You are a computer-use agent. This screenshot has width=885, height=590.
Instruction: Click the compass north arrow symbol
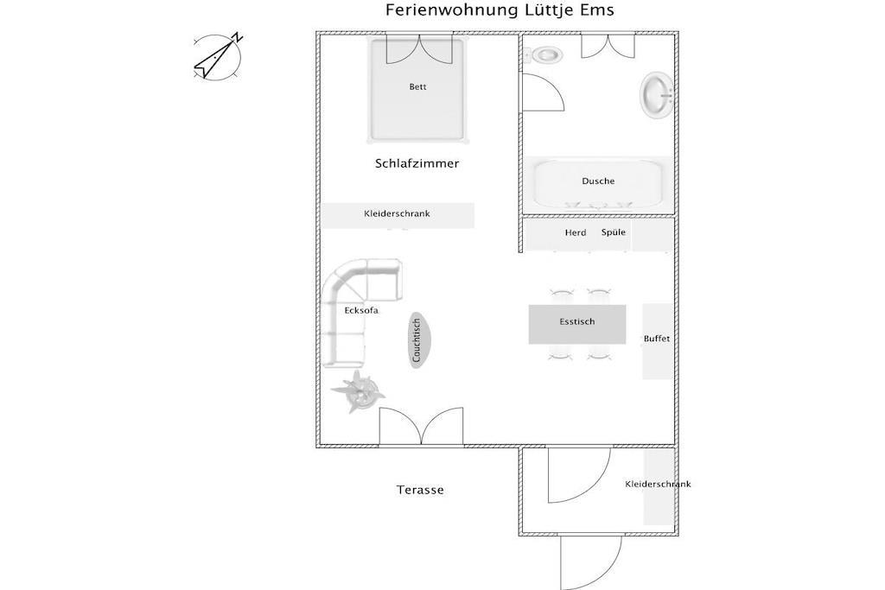(218, 56)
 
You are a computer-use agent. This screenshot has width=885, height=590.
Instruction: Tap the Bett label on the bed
(417, 87)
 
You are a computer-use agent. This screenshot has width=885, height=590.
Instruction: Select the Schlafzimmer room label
(417, 163)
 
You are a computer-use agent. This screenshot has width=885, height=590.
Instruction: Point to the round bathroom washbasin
(657, 95)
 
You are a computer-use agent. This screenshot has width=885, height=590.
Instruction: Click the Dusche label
(598, 181)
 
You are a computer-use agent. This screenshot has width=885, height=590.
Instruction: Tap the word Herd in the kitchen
(576, 232)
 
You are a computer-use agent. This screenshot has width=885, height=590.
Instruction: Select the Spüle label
(614, 232)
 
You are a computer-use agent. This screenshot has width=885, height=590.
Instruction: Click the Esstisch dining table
(576, 324)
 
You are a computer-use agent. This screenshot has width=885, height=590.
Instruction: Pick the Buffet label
(657, 339)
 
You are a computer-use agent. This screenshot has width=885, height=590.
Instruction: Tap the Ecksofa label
(361, 310)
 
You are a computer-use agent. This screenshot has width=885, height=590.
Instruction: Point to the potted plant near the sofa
(358, 392)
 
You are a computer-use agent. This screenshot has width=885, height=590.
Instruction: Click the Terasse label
(420, 490)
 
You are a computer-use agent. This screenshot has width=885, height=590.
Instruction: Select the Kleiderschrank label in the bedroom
(397, 213)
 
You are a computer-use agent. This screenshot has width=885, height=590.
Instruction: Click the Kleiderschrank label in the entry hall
(658, 484)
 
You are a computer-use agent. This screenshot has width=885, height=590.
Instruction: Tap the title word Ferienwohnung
(451, 10)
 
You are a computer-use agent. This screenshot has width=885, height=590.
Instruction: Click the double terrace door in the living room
(421, 426)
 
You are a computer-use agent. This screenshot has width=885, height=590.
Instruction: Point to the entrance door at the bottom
(591, 562)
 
